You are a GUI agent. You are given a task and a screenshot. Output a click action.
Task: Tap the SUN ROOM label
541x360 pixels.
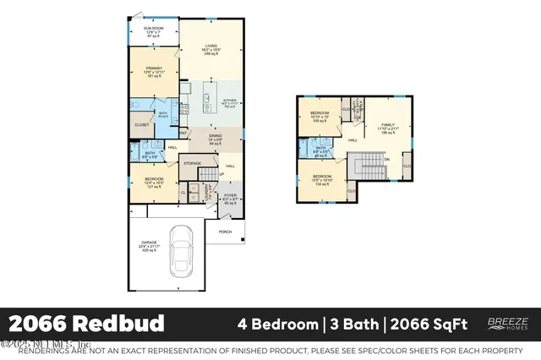coord(153,32)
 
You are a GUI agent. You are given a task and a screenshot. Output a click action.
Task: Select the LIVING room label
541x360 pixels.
coord(210,50)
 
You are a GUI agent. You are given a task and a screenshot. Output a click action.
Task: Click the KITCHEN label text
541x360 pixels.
coord(232,102)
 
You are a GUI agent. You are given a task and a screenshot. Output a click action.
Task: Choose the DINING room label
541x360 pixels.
coord(215,139)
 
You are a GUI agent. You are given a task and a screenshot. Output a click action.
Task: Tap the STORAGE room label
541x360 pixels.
coord(193,162)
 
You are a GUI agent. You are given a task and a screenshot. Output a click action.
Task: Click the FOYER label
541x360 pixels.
coord(230,199)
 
